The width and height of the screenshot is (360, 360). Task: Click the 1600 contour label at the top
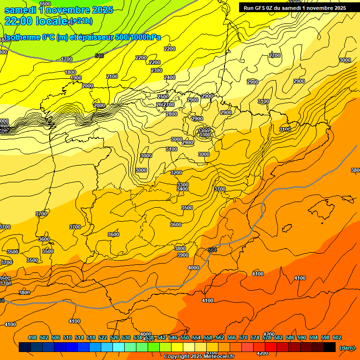[x=45, y=4]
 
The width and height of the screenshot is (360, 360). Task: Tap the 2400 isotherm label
[x=170, y=77]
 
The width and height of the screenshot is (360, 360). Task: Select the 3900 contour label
[x=183, y=255]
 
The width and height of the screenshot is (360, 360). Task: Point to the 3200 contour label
[x=176, y=172]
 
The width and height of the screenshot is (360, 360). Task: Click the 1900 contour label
[x=76, y=78]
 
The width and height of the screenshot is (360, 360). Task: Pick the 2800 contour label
[x=172, y=114]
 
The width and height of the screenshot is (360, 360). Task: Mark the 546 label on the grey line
[x=99, y=56]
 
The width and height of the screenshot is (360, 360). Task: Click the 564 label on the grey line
[x=212, y=250]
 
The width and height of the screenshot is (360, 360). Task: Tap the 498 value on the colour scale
[x=32, y=337]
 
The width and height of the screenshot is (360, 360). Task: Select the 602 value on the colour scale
[x=337, y=337]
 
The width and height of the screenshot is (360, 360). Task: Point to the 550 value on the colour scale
[x=185, y=337]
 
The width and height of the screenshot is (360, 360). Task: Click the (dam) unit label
[x=347, y=347]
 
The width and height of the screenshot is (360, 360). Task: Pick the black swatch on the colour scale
[x=330, y=347]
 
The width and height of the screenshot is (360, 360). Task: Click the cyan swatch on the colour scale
[x=119, y=347]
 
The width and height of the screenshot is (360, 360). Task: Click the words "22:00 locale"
[x=37, y=21]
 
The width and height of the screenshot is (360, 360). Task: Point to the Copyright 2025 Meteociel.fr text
[x=199, y=356]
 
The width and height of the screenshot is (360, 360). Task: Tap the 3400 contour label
[x=183, y=189]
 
